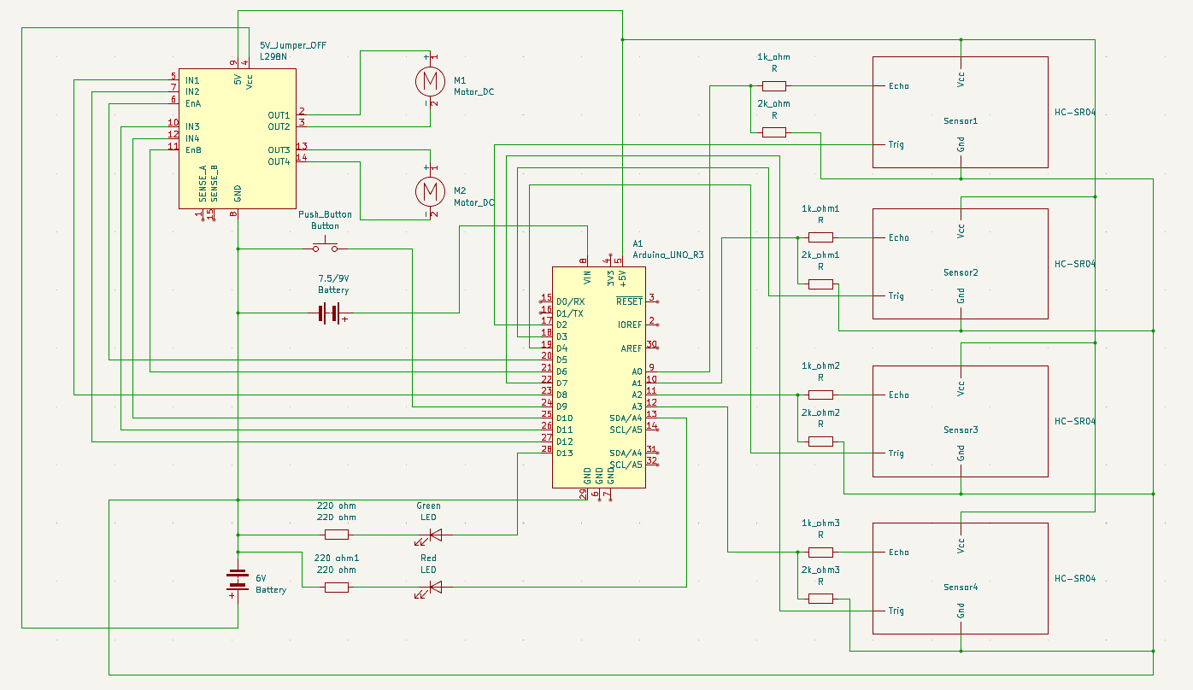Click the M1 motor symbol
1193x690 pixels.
pos(430,80)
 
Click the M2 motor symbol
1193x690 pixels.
pos(430,190)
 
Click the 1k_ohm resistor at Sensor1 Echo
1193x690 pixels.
pos(773,85)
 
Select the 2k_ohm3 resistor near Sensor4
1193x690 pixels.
pos(820,599)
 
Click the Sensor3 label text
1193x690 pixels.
pos(960,430)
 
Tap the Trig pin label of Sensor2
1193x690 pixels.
pos(896,296)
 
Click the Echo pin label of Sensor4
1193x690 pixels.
pos(898,553)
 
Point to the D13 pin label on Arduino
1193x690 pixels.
pos(564,453)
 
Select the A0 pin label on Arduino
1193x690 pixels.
pos(637,371)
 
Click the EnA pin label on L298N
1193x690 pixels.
pos(193,103)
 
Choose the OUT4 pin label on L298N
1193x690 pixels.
pos(278,161)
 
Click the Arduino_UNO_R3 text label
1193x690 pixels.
pos(667,254)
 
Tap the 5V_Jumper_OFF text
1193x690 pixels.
pos(292,45)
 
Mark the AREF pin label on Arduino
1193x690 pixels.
pos(631,348)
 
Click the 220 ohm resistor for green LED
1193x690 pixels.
pos(336,535)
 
